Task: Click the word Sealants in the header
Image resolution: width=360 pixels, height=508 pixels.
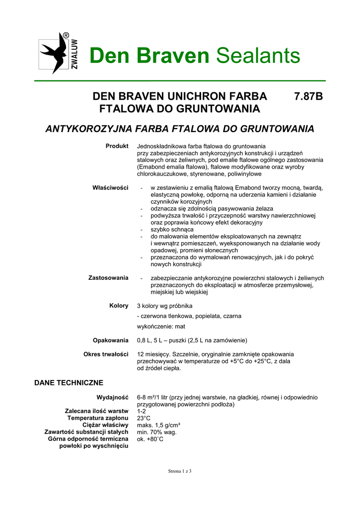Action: pos(258,56)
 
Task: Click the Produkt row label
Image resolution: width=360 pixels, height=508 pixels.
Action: pos(117,146)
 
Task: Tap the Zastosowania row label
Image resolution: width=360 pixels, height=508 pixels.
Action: pos(108,277)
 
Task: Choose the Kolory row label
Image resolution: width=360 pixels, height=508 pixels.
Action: pos(119,306)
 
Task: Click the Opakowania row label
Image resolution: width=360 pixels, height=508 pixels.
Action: pos(111,340)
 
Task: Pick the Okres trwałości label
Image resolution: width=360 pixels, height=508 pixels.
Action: pos(106,354)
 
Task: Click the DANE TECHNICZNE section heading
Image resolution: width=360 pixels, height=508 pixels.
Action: pos(69,382)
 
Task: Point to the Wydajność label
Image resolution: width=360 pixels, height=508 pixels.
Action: pos(113,397)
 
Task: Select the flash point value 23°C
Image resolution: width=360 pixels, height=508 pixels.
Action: pos(144,418)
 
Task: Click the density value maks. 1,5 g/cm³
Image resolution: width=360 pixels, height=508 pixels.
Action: pos(158,425)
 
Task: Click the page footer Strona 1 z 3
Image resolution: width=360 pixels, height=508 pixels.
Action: pos(180,471)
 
